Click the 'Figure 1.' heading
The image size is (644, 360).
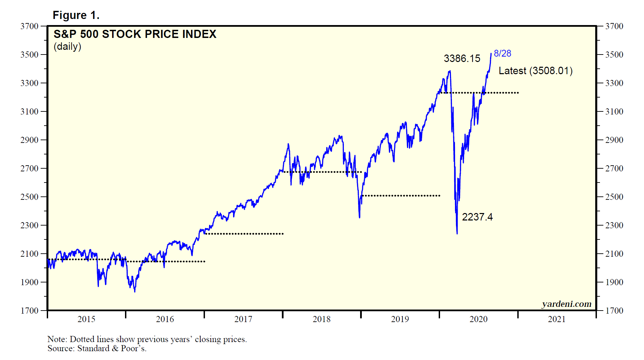tap(76, 15)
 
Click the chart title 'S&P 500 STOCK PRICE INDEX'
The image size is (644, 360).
tap(135, 34)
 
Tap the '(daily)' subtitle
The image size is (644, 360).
tap(67, 46)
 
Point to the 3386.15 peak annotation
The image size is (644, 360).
tap(462, 59)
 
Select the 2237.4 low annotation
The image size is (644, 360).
tap(477, 217)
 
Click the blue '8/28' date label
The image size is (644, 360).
tap(502, 54)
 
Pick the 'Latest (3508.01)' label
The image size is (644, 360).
tap(536, 71)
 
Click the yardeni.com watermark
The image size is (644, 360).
tap(566, 304)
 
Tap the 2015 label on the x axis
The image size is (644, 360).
tap(86, 319)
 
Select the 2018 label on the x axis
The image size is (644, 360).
tap(321, 319)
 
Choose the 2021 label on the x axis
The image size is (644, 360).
tap(557, 319)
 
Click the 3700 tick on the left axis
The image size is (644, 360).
tap(29, 26)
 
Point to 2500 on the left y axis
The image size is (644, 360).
tap(29, 197)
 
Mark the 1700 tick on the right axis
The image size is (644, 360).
tap(614, 311)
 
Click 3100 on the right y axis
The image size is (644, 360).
tap(614, 111)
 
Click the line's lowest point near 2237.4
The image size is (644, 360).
tap(457, 233)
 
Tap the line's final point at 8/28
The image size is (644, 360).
tap(491, 54)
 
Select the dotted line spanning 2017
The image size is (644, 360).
tap(244, 234)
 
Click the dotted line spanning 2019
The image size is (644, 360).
tap(401, 196)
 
